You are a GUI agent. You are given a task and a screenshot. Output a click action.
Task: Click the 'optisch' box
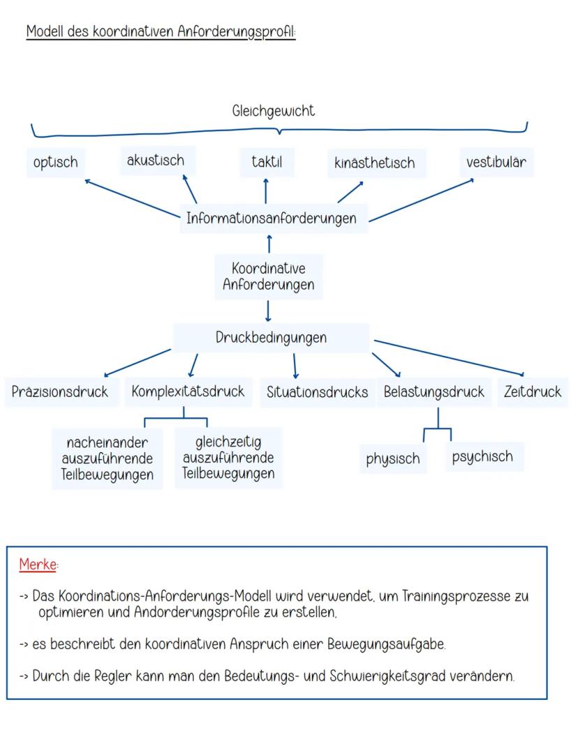tap(55, 163)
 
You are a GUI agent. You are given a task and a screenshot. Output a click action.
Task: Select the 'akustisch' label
tap(156, 160)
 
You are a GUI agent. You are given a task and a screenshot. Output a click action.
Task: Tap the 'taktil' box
tap(267, 162)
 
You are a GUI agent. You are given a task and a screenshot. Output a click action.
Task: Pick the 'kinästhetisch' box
tap(374, 163)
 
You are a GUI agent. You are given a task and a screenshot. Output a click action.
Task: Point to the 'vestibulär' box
tap(496, 163)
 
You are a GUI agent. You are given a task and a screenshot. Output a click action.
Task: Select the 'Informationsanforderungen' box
tap(271, 218)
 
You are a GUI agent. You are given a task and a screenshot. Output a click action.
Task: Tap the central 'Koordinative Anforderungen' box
tap(269, 276)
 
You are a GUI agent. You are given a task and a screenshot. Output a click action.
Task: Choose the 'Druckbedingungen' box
tap(271, 338)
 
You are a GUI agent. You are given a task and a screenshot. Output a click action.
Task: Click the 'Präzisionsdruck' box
tap(60, 391)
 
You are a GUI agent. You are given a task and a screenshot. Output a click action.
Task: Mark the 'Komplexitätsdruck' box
tap(188, 391)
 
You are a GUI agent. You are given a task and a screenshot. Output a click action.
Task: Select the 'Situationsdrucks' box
tap(317, 392)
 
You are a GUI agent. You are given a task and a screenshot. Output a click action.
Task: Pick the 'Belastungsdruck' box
tap(433, 391)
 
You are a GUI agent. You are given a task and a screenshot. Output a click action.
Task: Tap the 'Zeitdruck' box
tap(533, 391)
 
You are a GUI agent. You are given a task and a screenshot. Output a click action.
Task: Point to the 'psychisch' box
tap(482, 457)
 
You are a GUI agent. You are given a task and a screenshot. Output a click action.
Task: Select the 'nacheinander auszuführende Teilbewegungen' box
tap(108, 459)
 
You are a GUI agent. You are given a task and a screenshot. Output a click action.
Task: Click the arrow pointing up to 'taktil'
tap(266, 191)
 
